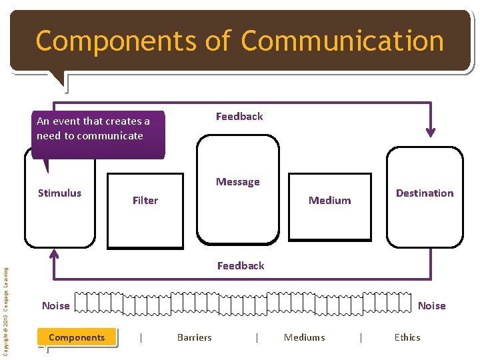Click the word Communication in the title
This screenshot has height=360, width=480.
(342, 41)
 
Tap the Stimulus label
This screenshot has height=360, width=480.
(59, 193)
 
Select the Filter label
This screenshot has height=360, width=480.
(145, 200)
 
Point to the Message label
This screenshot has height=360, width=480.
(237, 182)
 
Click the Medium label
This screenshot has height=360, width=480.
(329, 200)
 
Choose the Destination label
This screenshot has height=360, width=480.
(424, 193)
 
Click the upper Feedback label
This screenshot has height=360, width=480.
(239, 117)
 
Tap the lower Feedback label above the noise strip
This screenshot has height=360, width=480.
(241, 265)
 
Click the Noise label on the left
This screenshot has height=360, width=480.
(55, 305)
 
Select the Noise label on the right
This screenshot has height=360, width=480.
(431, 305)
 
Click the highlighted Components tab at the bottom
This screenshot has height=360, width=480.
(77, 337)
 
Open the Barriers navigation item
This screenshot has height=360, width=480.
(194, 337)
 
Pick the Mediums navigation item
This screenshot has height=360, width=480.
(304, 337)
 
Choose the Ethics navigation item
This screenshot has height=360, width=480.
(407, 337)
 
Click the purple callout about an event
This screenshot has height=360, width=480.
(97, 134)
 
